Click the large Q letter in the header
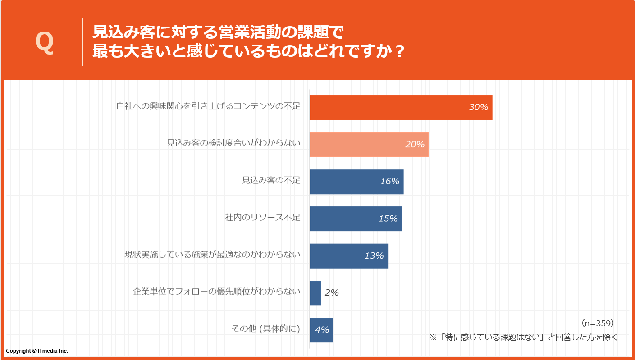(44, 43)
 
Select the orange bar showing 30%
(401, 107)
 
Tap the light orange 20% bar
(369, 145)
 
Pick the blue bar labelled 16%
(356, 182)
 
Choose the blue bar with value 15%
(355, 219)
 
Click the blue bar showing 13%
(348, 256)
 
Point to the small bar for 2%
(315, 293)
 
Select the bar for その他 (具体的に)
(321, 330)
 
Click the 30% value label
(478, 107)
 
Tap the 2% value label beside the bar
(331, 293)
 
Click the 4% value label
(322, 330)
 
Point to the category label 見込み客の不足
(271, 180)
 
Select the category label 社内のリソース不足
(262, 218)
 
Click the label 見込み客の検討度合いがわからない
(233, 143)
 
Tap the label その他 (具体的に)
(265, 329)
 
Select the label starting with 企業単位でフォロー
(216, 292)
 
